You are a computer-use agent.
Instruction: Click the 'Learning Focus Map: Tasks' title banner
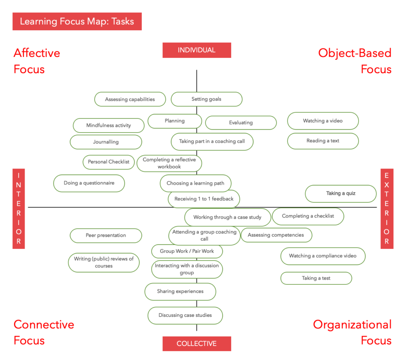(x=77, y=21)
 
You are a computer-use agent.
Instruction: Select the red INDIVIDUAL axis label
(x=196, y=50)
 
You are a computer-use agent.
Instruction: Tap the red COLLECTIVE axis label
(x=196, y=343)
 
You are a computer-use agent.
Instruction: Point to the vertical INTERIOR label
(x=19, y=208)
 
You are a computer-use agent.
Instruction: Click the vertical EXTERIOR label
(x=387, y=208)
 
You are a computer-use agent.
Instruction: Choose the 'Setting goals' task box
(x=206, y=99)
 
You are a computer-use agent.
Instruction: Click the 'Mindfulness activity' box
(x=108, y=125)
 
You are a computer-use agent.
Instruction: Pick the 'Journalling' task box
(x=106, y=142)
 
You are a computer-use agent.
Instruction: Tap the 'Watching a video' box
(x=323, y=121)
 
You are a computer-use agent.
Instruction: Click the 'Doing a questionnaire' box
(x=89, y=183)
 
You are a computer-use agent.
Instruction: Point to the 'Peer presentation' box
(x=106, y=235)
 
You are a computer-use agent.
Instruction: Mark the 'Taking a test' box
(x=316, y=278)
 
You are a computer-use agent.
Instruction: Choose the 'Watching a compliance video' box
(x=323, y=256)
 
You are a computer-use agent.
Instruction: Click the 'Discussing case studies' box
(x=185, y=315)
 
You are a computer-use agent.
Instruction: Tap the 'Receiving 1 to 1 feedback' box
(x=204, y=199)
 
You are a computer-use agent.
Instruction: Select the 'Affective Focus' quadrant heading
(x=37, y=61)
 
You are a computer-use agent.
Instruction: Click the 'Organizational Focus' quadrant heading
(x=352, y=333)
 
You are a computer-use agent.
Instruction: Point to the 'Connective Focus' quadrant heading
(x=44, y=333)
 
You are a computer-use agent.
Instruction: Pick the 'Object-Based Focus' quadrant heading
(x=355, y=61)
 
